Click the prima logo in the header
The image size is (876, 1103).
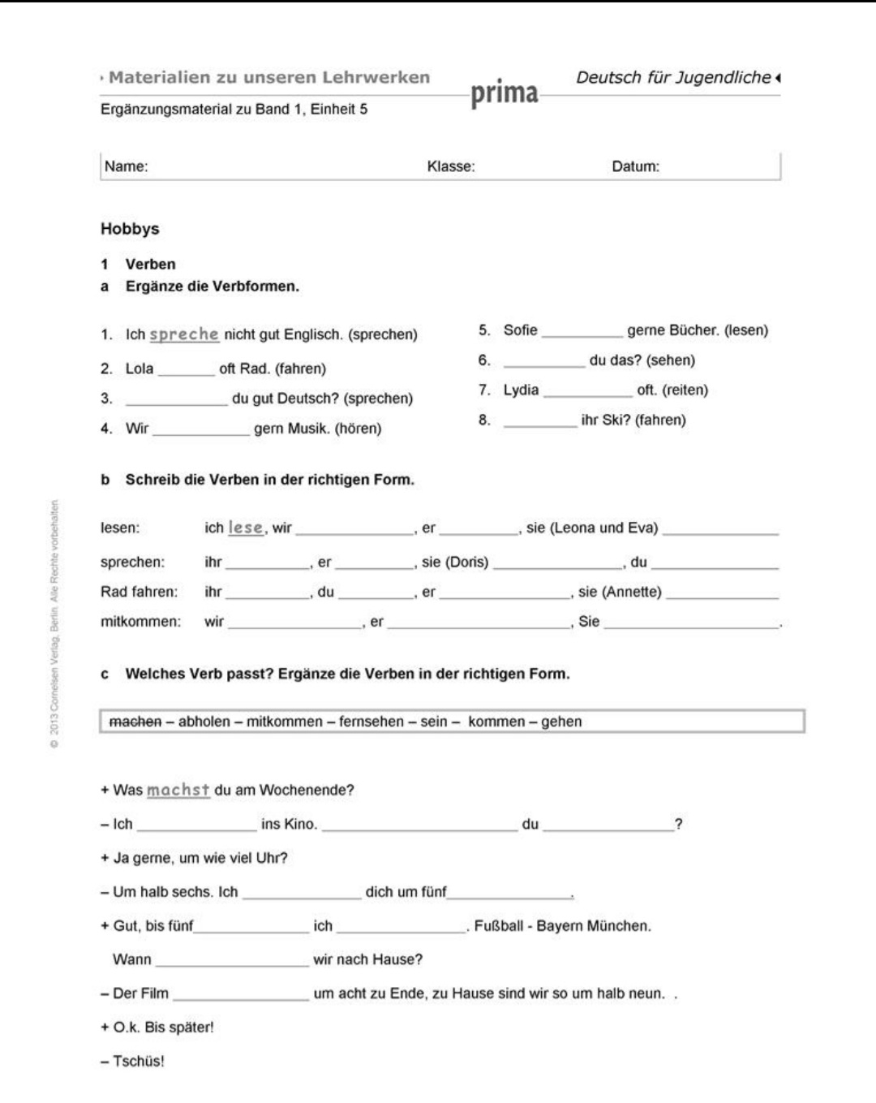pyautogui.click(x=504, y=93)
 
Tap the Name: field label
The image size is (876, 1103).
pyautogui.click(x=126, y=166)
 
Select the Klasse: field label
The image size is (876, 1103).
pyautogui.click(x=451, y=166)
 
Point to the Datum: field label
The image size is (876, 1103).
pyautogui.click(x=635, y=166)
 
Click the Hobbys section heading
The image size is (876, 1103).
pyautogui.click(x=130, y=229)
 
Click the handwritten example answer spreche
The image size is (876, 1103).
pyautogui.click(x=184, y=334)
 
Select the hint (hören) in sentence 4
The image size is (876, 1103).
pyautogui.click(x=358, y=429)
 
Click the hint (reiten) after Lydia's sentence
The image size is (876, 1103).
pyautogui.click(x=685, y=390)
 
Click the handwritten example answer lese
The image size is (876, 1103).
pyautogui.click(x=246, y=528)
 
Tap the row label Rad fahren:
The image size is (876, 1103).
pyautogui.click(x=139, y=592)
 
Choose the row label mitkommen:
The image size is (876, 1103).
pyautogui.click(x=140, y=622)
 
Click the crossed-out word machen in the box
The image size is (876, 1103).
pyautogui.click(x=135, y=722)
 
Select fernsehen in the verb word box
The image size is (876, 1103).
pyautogui.click(x=372, y=722)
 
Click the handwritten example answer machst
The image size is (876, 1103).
pyautogui.click(x=178, y=790)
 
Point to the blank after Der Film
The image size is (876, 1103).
pyautogui.click(x=241, y=994)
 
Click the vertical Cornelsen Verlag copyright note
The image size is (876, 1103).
pyautogui.click(x=54, y=625)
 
